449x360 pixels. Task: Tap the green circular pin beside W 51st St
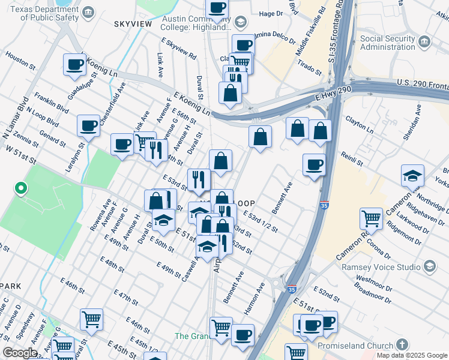[x=20, y=189]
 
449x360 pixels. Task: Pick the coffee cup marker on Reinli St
[x=314, y=165]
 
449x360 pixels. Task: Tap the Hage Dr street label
[x=271, y=14]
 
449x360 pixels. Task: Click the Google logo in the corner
[x=20, y=353]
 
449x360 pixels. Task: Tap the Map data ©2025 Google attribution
[x=411, y=355]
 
